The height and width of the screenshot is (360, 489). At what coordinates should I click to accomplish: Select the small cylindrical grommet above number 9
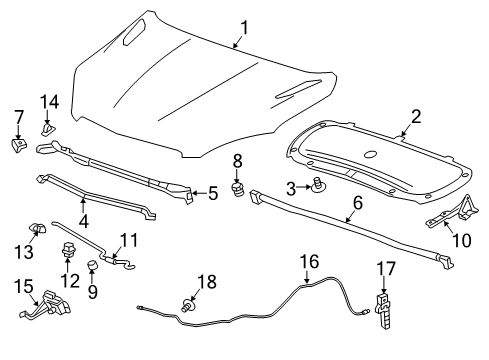[x=93, y=266]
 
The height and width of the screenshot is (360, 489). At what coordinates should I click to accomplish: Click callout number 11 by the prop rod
[x=127, y=241]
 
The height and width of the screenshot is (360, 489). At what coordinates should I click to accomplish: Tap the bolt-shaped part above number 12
[x=70, y=251]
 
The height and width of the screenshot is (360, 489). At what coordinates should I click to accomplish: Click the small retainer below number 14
[x=47, y=127]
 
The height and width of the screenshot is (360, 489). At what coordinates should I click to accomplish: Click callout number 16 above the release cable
[x=312, y=262]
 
